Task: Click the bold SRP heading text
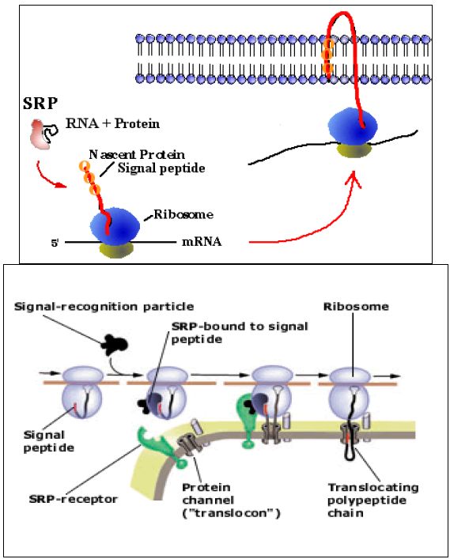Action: pos(40,104)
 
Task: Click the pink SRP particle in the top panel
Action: pos(39,134)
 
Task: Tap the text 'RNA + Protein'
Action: pos(112,123)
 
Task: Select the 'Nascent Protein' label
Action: pos(137,154)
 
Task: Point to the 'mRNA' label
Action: pos(202,242)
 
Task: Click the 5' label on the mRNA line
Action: pos(55,244)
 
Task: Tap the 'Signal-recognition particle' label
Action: pos(104,306)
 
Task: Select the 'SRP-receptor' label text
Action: pos(73,499)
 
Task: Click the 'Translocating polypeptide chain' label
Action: pos(373,500)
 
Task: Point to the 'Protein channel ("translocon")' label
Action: pos(231,500)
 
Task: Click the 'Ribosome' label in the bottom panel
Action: pos(356,306)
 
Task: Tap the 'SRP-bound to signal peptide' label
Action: pos(240,333)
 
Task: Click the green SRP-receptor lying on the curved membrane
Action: pos(161,448)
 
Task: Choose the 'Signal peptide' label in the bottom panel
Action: pos(49,441)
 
